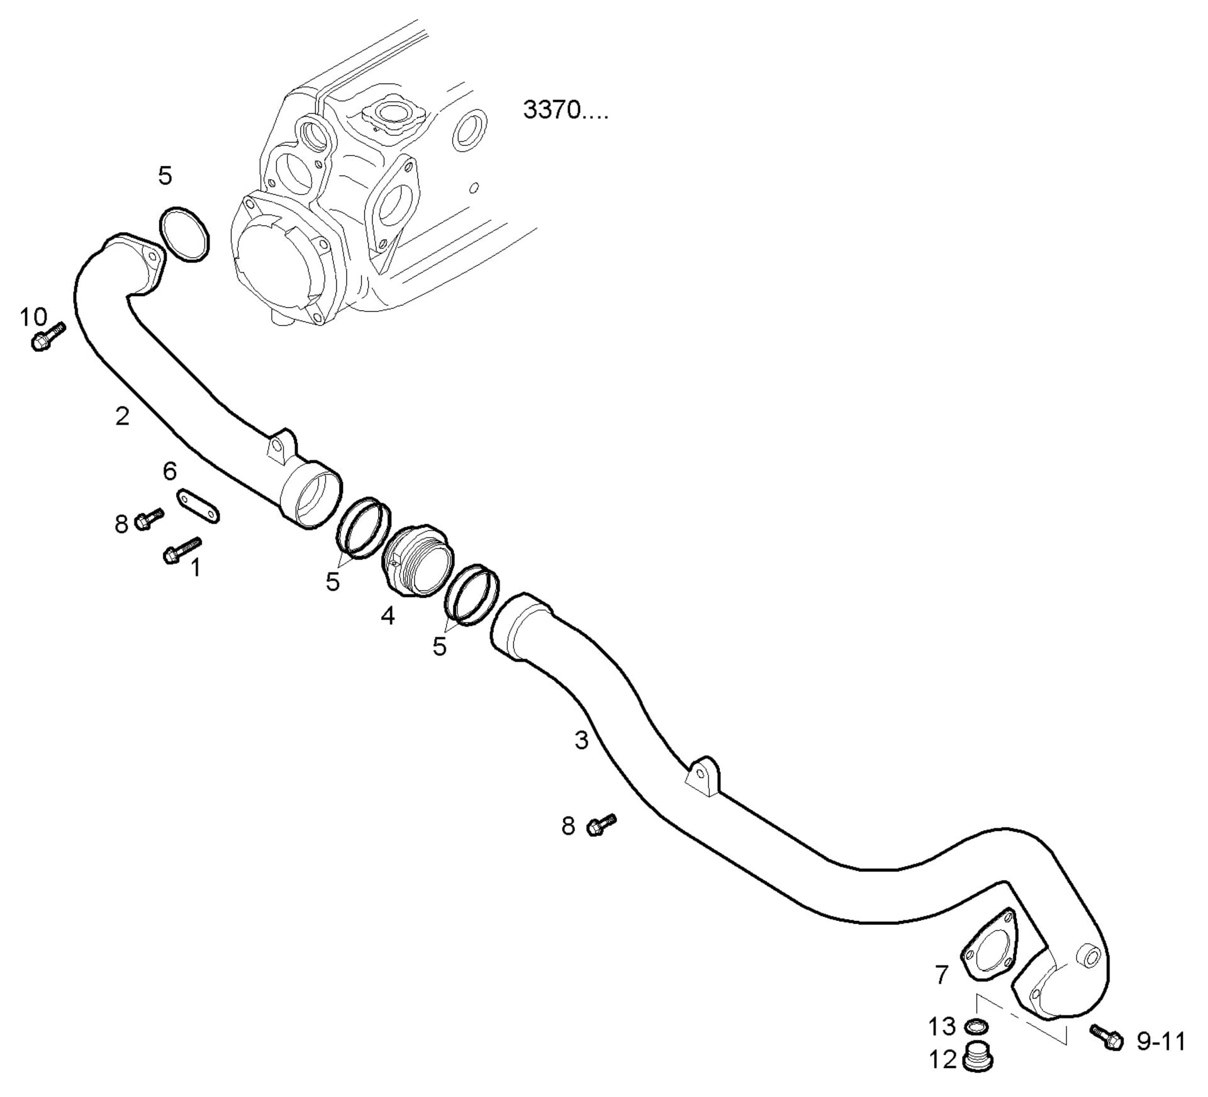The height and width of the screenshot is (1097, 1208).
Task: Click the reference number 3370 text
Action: pos(564,111)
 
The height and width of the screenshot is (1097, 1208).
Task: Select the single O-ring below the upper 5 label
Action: pos(183,234)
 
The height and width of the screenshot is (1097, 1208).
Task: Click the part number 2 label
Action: pos(122,416)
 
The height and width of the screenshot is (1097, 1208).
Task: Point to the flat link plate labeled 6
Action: pos(198,505)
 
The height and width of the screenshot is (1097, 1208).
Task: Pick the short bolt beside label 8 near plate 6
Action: pos(148,518)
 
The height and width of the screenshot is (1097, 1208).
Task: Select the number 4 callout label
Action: pos(388,615)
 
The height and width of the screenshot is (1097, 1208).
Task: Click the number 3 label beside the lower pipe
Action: pos(581,740)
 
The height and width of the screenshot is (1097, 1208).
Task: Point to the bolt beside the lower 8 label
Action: pos(601,824)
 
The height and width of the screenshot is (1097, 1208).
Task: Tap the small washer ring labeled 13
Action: pos(976,1027)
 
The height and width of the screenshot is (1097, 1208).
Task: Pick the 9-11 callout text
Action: pos(1161,1042)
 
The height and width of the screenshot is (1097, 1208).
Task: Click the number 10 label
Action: pos(33,317)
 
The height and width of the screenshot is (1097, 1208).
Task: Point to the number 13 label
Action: pos(942,1027)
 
